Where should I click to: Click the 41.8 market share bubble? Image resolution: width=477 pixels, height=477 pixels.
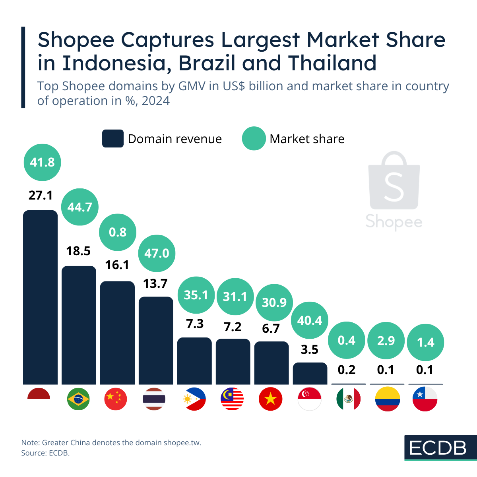[42, 162]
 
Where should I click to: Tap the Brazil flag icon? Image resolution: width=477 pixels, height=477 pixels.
[78, 399]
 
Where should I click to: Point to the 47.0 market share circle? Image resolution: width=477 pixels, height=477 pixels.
[157, 253]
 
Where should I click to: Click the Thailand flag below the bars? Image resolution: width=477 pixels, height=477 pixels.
[154, 399]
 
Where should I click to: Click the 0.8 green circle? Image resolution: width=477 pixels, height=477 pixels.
[118, 232]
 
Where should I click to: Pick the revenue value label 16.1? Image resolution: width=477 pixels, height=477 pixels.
[117, 265]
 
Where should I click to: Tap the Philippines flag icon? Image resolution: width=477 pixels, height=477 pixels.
[194, 399]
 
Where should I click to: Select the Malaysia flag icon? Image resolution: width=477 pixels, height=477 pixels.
[232, 399]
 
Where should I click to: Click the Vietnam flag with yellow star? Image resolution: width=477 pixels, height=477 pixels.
[270, 399]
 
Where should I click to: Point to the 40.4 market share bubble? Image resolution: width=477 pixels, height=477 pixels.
[310, 320]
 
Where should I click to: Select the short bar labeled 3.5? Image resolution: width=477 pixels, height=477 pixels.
[310, 374]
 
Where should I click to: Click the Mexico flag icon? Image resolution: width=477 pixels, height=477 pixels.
[348, 399]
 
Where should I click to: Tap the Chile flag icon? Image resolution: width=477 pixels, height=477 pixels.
[425, 399]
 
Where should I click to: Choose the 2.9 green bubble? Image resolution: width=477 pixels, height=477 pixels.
[386, 341]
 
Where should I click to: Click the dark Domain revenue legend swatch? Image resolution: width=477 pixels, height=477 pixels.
[113, 139]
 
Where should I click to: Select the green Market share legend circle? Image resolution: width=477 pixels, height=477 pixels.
[254, 139]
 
